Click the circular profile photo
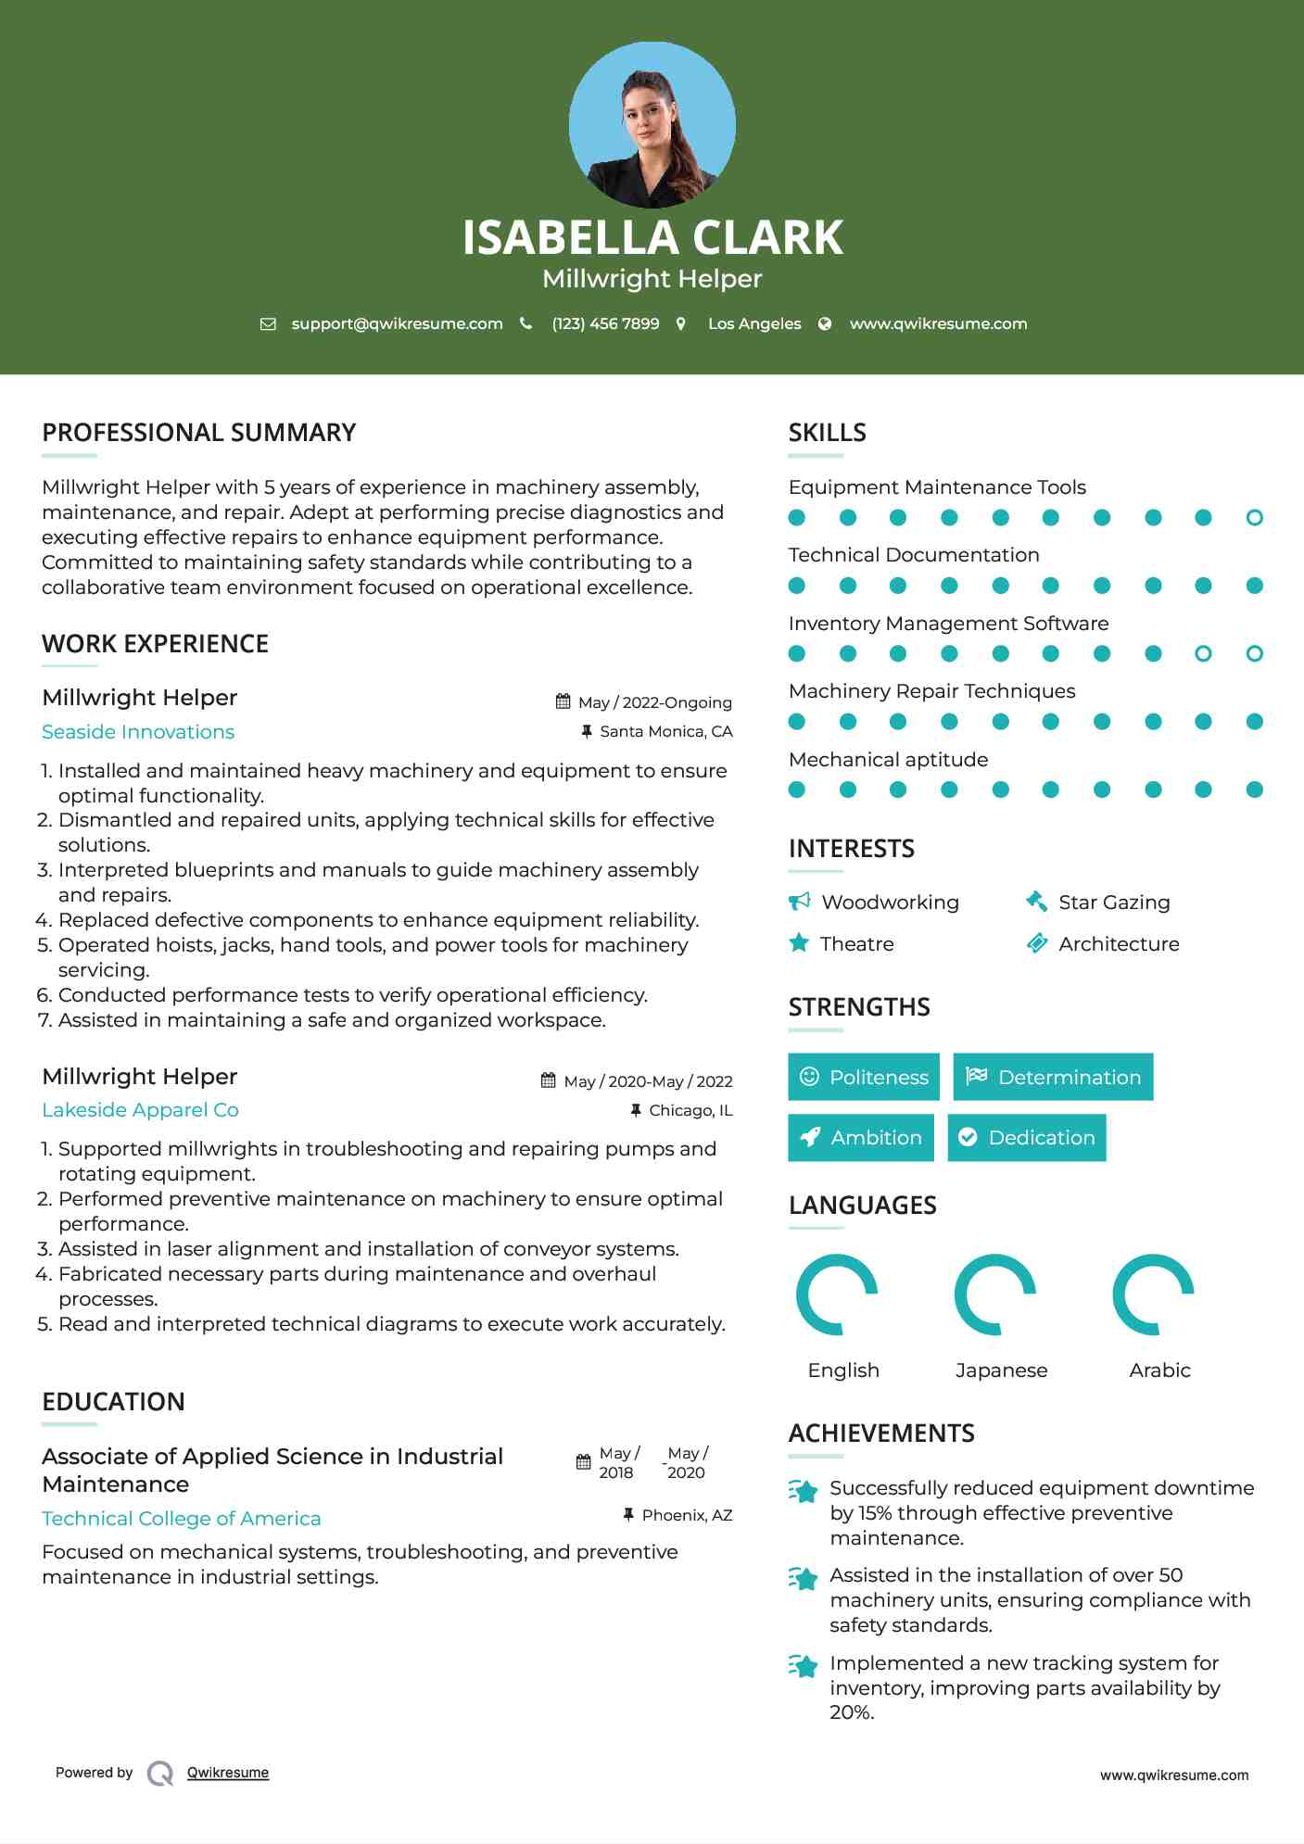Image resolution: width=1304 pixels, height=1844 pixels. [652, 124]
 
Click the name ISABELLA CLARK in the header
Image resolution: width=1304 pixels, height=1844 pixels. [652, 237]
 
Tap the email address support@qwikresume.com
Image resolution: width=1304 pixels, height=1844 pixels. [397, 323]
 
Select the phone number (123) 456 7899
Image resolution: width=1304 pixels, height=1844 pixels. [605, 323]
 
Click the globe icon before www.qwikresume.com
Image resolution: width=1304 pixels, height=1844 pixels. [825, 323]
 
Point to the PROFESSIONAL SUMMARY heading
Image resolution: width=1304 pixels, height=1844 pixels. [198, 433]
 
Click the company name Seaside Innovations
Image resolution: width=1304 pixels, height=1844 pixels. [138, 732]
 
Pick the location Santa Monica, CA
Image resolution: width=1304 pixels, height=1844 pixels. [665, 731]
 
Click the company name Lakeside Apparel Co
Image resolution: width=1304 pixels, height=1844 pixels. [140, 1110]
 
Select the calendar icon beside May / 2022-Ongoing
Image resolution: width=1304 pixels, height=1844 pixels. [563, 701]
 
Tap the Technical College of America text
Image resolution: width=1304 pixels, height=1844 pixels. [182, 1519]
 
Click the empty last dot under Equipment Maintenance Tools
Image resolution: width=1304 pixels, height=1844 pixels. [1254, 518]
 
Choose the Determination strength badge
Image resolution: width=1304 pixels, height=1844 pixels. [1053, 1077]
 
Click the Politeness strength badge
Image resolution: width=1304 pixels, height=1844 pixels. [863, 1077]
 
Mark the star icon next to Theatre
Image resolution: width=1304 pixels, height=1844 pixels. [799, 943]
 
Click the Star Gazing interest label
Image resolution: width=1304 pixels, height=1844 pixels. [1114, 903]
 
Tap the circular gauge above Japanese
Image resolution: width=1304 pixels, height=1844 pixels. [995, 1295]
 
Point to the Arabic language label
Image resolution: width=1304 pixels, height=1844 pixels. [1159, 1370]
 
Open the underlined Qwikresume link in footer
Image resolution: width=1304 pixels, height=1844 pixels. [228, 1773]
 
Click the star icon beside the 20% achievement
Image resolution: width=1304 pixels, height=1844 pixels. [803, 1666]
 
